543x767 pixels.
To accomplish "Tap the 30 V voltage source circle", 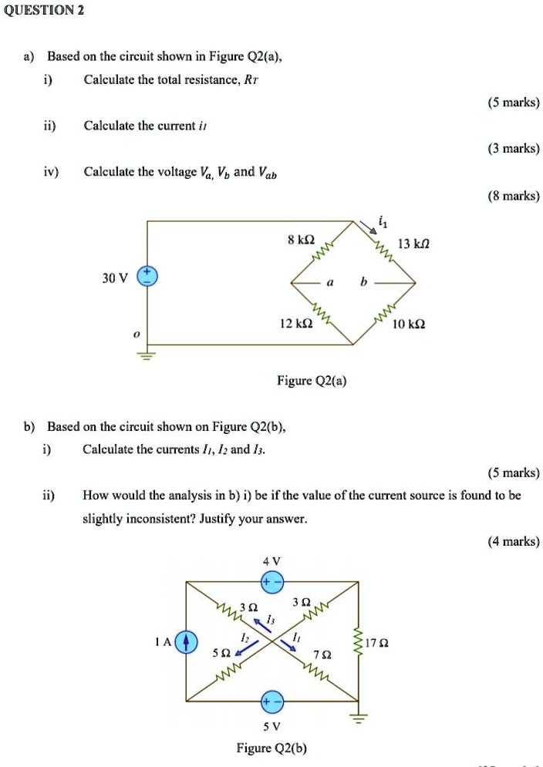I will (x=147, y=278).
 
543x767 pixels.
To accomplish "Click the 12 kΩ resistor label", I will (x=297, y=324).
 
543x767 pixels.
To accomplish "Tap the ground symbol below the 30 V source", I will (x=147, y=355).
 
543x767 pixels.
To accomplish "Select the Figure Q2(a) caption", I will (x=311, y=381).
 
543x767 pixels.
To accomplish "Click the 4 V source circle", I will (x=271, y=582).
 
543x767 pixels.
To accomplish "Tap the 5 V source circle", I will (x=271, y=701).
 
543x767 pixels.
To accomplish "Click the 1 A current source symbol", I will (x=185, y=641).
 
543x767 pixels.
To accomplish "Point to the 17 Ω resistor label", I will (x=377, y=641).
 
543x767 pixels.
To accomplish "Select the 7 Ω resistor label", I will (x=326, y=654).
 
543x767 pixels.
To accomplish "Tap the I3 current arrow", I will (x=262, y=624).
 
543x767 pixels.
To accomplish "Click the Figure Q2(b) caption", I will (x=271, y=748).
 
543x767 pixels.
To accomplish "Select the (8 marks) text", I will (x=513, y=196).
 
